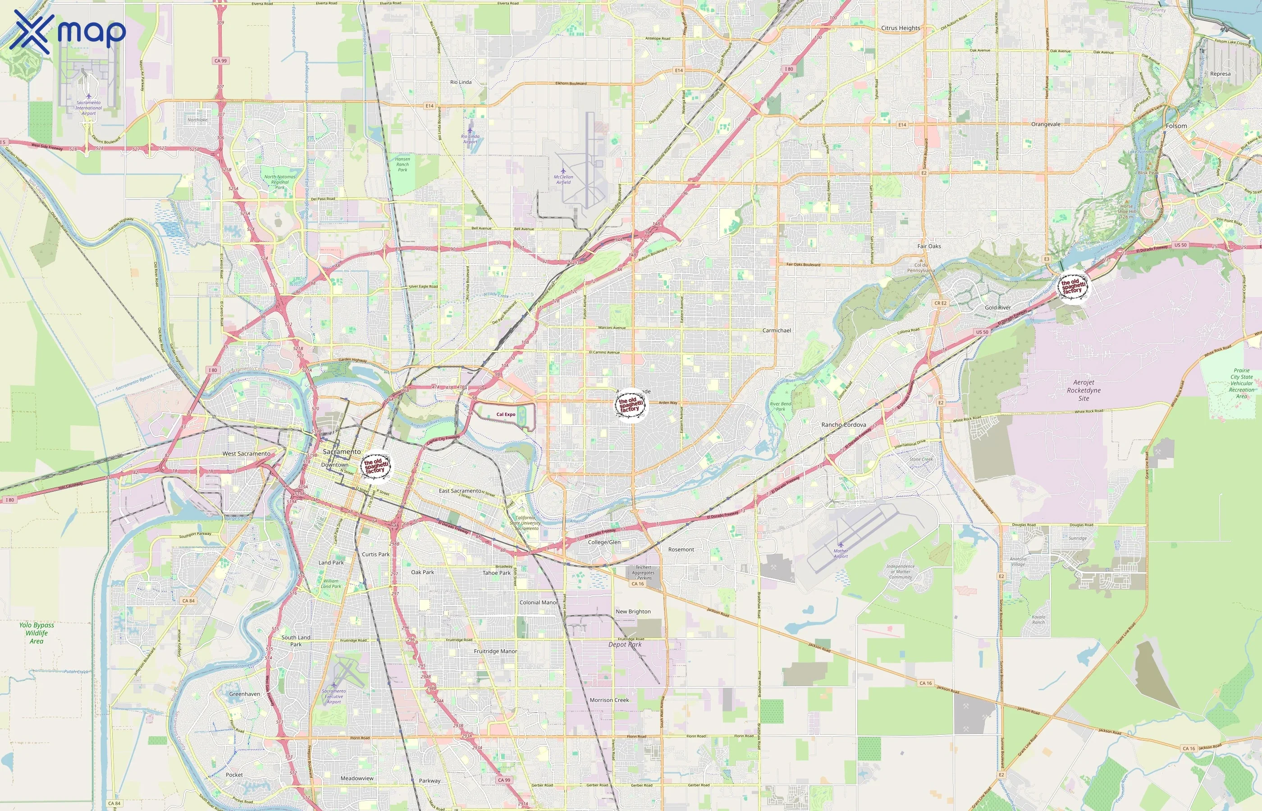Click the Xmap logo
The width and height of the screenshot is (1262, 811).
(68, 32)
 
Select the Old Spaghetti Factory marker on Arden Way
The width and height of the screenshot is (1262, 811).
(631, 405)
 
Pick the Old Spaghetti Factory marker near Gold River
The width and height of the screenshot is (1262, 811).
(1073, 287)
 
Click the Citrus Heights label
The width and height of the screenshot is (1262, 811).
(900, 28)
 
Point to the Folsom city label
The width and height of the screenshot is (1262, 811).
(1176, 126)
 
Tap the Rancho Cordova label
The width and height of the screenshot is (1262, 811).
(843, 424)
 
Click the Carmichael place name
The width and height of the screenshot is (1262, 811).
(777, 330)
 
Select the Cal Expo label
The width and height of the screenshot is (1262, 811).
(506, 415)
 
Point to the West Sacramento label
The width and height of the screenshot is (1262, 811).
(246, 453)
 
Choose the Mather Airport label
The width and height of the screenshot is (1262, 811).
(840, 553)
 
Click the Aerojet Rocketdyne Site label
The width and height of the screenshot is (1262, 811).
(1084, 390)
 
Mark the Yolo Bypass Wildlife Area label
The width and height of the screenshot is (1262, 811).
(37, 633)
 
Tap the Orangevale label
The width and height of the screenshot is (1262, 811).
(1046, 124)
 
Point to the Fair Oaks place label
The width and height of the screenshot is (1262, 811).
(928, 246)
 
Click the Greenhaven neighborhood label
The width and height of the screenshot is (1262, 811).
(244, 694)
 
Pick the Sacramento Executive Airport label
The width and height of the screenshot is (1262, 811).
(334, 696)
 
